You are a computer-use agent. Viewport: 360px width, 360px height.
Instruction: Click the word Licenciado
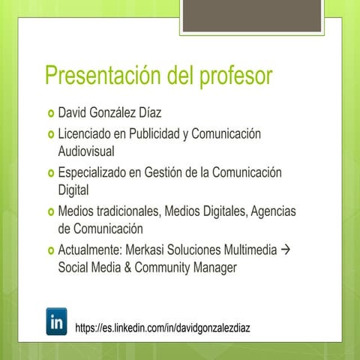point(85,134)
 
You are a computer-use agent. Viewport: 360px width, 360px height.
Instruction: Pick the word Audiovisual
point(85,151)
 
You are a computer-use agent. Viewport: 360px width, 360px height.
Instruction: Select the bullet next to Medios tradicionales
point(50,212)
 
